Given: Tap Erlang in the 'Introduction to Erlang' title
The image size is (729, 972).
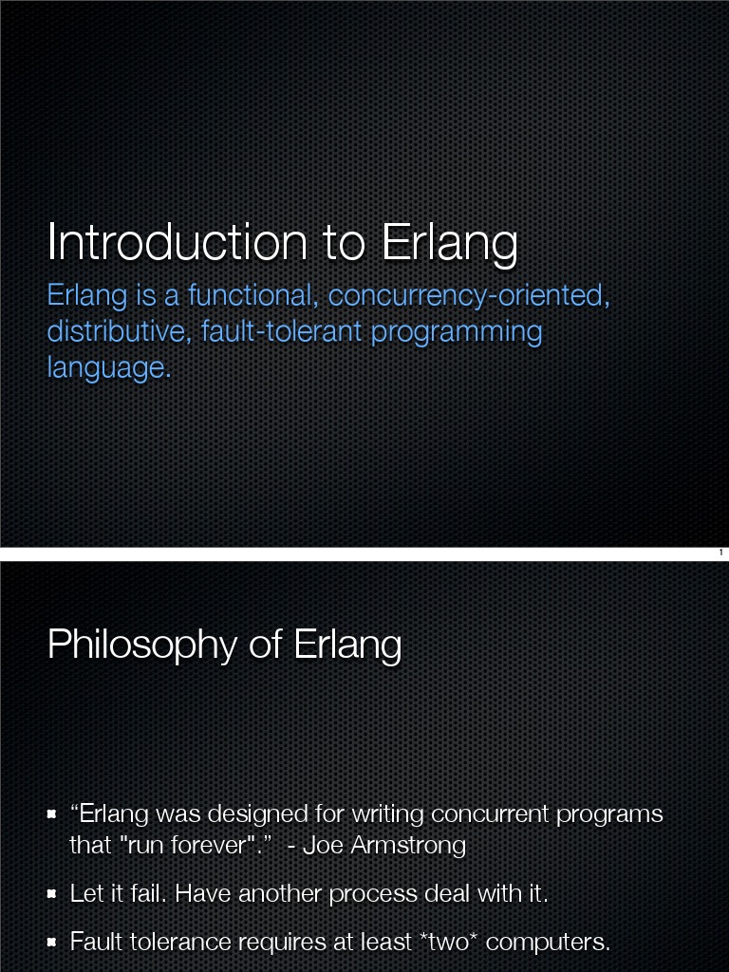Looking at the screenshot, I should click(x=449, y=243).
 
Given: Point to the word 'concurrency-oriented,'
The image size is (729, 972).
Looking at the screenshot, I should click(x=469, y=297).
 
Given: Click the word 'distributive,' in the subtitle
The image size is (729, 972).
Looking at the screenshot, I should click(x=120, y=332).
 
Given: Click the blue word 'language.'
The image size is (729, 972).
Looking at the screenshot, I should click(x=109, y=367).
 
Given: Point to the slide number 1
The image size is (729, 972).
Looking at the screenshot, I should click(x=720, y=552).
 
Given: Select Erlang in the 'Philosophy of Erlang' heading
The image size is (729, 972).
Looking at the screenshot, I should click(x=347, y=645).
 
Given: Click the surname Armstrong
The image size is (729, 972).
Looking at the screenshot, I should click(x=408, y=845).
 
